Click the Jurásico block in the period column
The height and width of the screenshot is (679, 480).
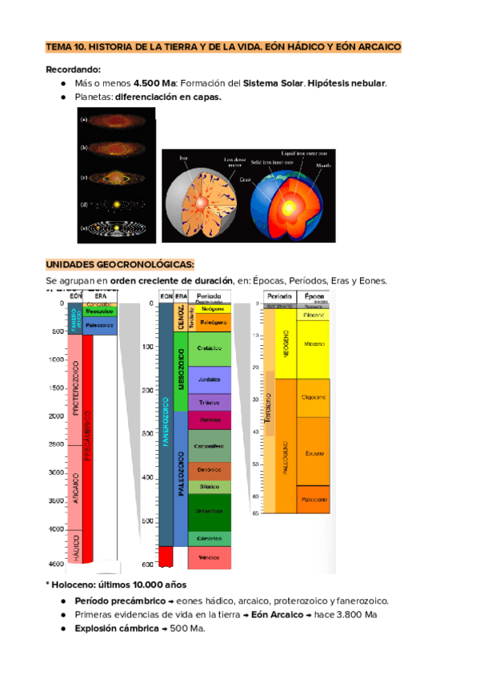(210, 380)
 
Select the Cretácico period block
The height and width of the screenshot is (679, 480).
(210, 348)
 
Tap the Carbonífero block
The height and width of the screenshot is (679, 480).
(210, 445)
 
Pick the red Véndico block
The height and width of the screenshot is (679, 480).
(210, 556)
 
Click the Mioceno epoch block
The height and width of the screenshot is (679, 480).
(314, 344)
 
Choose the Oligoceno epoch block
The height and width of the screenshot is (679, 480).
(314, 396)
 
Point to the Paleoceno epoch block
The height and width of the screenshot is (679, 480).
(314, 499)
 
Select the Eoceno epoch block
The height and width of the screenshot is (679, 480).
(314, 452)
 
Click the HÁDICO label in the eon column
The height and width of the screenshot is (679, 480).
(75, 541)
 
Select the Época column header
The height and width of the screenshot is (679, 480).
(314, 296)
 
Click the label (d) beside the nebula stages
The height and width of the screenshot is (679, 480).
(84, 204)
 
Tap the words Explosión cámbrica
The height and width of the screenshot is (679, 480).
(117, 629)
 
